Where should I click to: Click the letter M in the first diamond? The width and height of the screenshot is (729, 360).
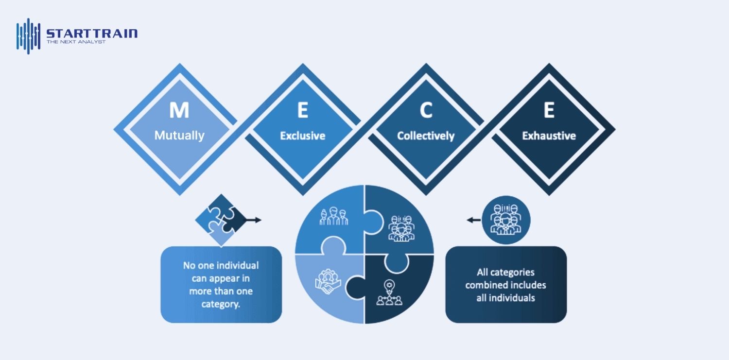tap(179, 110)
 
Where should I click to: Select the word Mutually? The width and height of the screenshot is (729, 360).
tap(179, 136)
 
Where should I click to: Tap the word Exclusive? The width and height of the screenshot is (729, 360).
tap(302, 136)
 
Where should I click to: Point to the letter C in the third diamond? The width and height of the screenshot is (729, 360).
tap(426, 111)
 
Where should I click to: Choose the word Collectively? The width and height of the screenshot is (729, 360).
tap(426, 136)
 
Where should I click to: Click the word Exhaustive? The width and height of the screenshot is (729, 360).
tap(549, 136)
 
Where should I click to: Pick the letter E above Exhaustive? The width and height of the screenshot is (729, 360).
tap(549, 111)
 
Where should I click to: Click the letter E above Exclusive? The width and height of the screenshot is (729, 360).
tap(302, 111)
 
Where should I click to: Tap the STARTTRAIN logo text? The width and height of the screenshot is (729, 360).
tap(92, 34)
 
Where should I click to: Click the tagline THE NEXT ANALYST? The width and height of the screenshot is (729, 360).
tap(76, 42)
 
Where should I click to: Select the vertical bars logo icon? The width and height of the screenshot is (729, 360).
tap(28, 36)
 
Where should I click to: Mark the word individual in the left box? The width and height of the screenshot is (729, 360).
tap(238, 266)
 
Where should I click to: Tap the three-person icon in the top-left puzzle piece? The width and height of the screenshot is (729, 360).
tap(333, 216)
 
